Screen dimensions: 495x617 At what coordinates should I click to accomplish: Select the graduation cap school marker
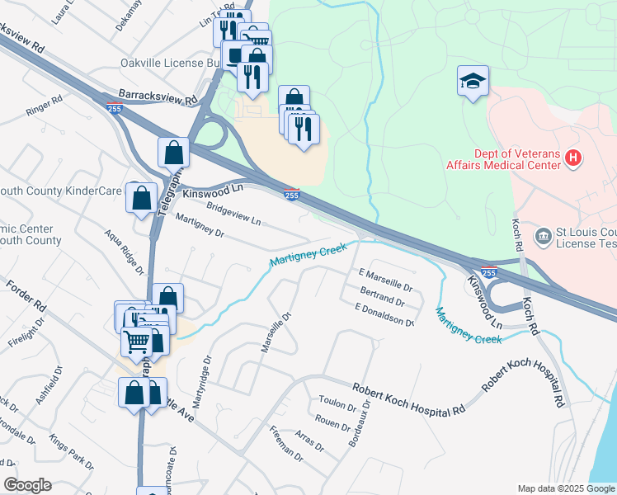473,82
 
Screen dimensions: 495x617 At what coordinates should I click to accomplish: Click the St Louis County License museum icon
543,238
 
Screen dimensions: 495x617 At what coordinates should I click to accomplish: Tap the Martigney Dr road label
200,226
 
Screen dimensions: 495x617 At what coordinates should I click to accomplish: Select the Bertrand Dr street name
387,296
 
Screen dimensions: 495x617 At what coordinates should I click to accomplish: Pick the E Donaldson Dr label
384,314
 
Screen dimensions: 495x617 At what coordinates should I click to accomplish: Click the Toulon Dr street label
337,403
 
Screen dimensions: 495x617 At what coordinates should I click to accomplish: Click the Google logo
28,485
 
